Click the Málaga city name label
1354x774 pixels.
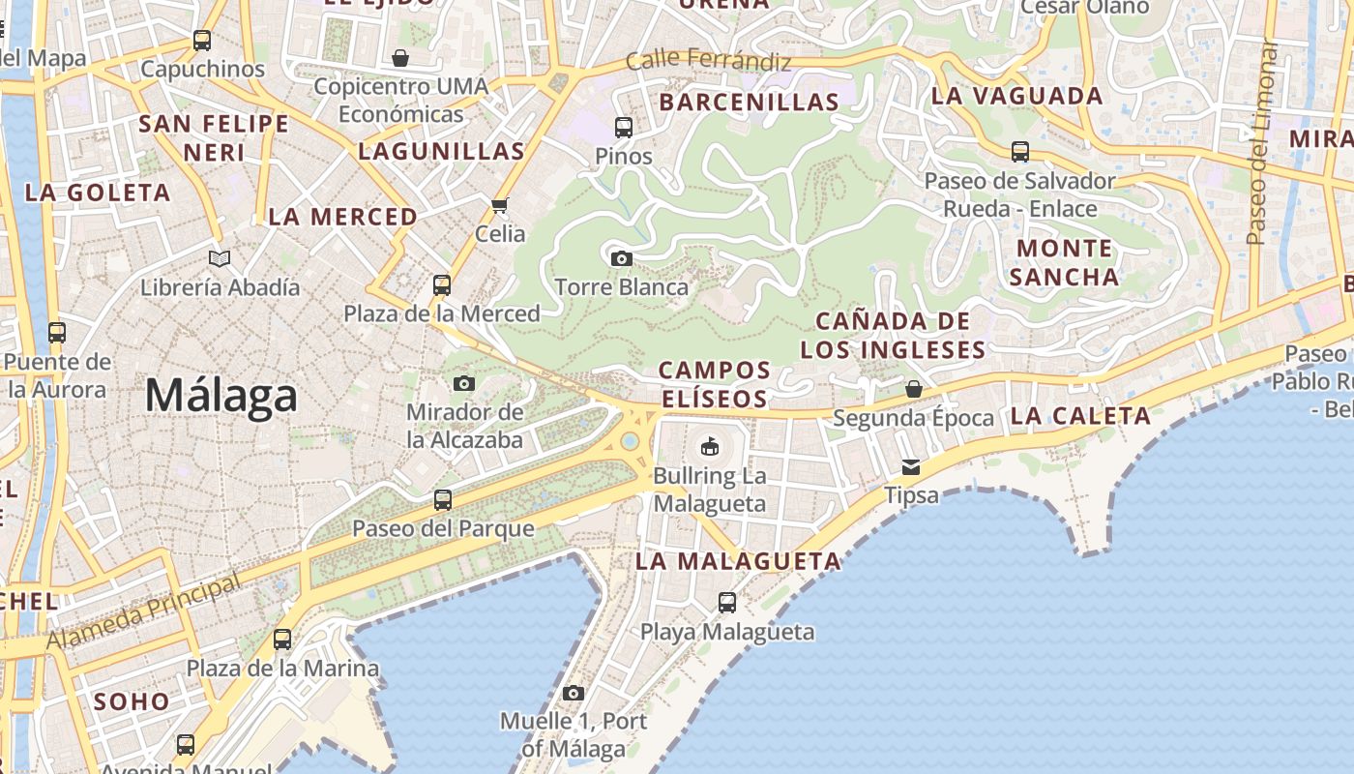[221, 396]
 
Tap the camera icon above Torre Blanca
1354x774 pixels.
[622, 258]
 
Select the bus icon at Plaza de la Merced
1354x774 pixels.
[442, 285]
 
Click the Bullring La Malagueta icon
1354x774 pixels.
[710, 446]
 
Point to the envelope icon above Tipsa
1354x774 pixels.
[911, 467]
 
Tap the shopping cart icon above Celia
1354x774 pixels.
[500, 205]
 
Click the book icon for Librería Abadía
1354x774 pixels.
[220, 258]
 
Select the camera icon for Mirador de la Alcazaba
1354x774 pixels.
[464, 383]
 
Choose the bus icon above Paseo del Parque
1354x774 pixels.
[443, 500]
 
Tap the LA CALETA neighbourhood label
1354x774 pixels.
[1080, 416]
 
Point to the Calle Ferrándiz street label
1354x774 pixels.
[708, 60]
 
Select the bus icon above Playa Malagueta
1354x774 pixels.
[727, 603]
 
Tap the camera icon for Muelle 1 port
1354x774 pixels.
[574, 693]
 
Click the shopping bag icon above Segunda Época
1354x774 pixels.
[913, 389]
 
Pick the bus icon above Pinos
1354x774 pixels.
[624, 127]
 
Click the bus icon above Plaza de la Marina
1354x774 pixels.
[282, 640]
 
